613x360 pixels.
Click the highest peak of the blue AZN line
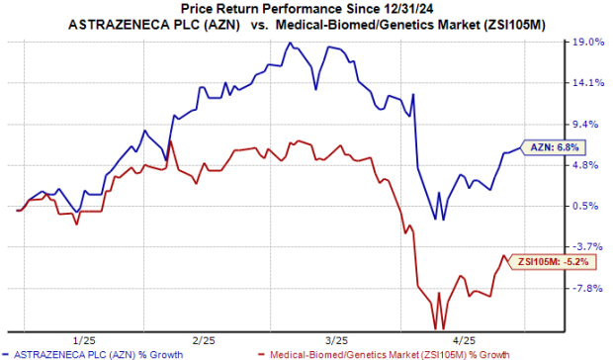pyautogui.click(x=288, y=44)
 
